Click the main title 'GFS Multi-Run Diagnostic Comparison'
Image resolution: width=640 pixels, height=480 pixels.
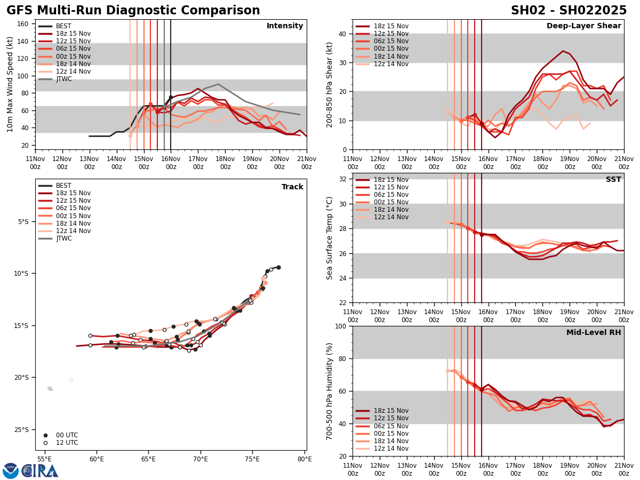pos(133,11)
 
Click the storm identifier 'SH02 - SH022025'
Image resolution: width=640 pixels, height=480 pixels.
pos(569,11)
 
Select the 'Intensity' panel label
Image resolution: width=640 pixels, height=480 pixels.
pos(285,26)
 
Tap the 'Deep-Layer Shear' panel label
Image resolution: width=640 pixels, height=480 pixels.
pos(583,26)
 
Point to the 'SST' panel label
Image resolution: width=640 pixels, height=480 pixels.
pos(613,180)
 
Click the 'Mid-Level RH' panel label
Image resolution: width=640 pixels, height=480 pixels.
pos(594,333)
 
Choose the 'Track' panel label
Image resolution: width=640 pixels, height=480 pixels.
pos(292,187)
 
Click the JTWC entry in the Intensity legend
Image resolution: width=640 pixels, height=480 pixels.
pos(63,79)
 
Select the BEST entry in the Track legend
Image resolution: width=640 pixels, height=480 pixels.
pos(63,186)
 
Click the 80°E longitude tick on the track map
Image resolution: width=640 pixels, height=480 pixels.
pos(305,459)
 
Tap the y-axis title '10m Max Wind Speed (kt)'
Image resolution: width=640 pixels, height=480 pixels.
pos(10,84)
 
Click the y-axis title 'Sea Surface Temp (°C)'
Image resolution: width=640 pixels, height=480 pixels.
pos(330,238)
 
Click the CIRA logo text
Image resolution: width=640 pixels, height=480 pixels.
pos(40,471)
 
